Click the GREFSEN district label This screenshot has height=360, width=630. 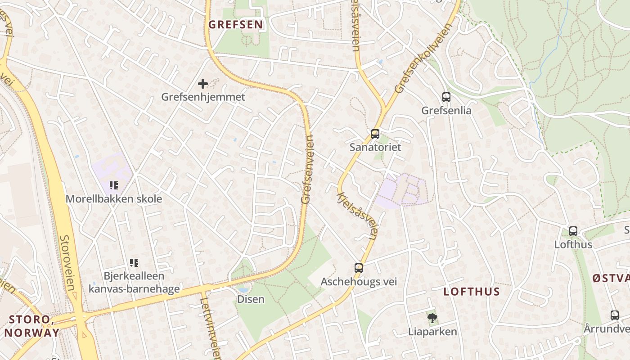pyautogui.click(x=236, y=24)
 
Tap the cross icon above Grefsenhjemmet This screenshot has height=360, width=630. pyautogui.click(x=203, y=83)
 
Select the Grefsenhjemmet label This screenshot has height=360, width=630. pyautogui.click(x=203, y=97)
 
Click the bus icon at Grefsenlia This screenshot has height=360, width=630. pyautogui.click(x=446, y=97)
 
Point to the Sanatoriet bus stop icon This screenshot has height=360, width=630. pyautogui.click(x=375, y=134)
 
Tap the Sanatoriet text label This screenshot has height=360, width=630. pyautogui.click(x=375, y=147)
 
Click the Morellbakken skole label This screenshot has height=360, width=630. pyautogui.click(x=114, y=198)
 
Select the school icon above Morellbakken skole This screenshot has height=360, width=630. pyautogui.click(x=114, y=185)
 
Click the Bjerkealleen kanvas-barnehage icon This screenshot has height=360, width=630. pyautogui.click(x=134, y=262)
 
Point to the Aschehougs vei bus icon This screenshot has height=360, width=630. pyautogui.click(x=358, y=268)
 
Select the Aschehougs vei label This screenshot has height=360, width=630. pyautogui.click(x=358, y=282)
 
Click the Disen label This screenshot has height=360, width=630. pyautogui.click(x=251, y=299)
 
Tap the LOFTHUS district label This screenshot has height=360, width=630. pyautogui.click(x=472, y=292)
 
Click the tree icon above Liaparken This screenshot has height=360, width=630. pyautogui.click(x=432, y=319)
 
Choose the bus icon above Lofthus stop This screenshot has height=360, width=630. pyautogui.click(x=573, y=231)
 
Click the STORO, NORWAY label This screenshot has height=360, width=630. pyautogui.click(x=31, y=326)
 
